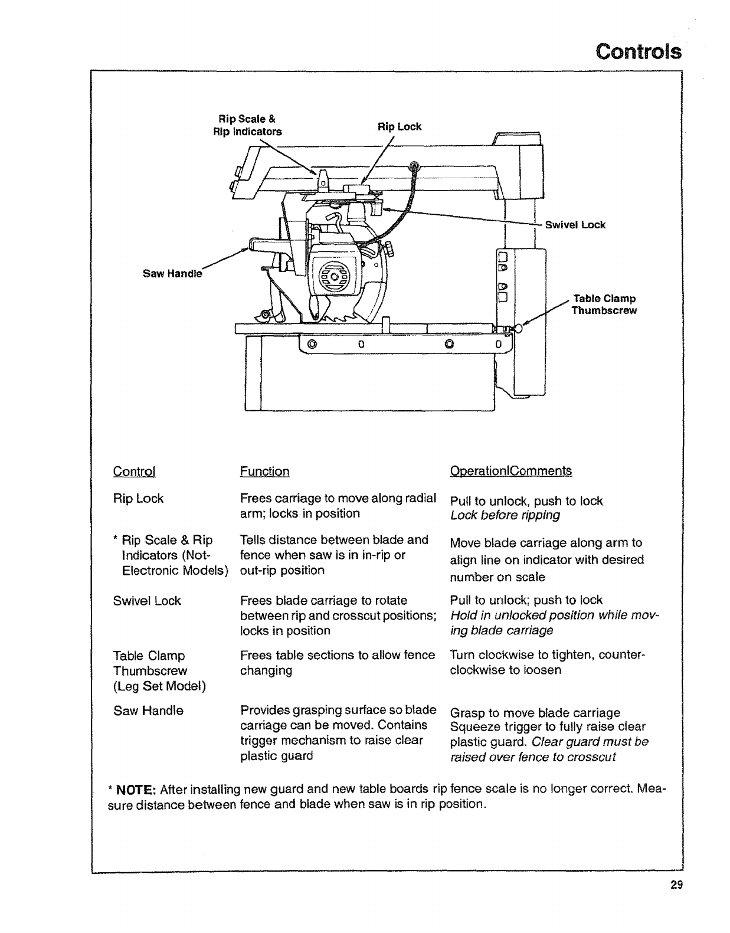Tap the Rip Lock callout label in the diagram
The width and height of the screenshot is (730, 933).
click(400, 127)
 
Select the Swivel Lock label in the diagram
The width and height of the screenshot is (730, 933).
click(575, 225)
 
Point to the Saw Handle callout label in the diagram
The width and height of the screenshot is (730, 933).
click(172, 274)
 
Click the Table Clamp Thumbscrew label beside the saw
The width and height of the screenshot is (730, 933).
click(603, 305)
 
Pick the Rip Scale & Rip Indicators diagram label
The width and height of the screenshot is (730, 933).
click(247, 126)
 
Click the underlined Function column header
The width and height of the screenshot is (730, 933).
click(264, 472)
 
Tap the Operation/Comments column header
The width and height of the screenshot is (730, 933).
click(510, 471)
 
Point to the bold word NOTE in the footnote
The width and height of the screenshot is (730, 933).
click(135, 790)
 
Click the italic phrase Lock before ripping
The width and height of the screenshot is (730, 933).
click(505, 515)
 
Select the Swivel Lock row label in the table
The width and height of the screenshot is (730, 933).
click(147, 601)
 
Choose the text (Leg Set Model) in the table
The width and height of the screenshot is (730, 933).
click(159, 686)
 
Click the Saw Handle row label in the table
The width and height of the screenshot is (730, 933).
click(148, 711)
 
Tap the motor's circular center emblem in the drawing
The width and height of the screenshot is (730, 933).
click(335, 277)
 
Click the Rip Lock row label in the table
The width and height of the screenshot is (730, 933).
click(138, 499)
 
